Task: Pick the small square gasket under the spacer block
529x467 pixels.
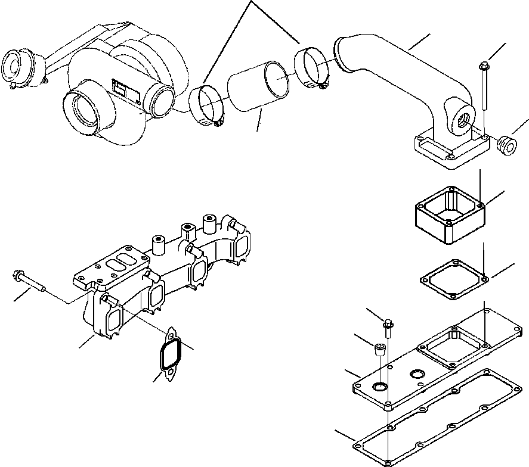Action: (455, 278)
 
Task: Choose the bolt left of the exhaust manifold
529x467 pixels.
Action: (30, 281)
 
